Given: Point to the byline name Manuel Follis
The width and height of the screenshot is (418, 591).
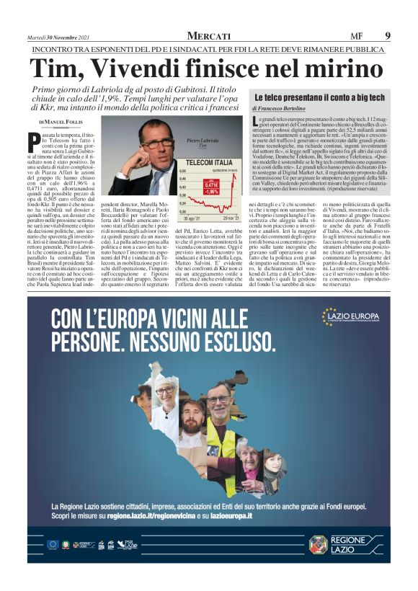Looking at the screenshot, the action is coord(68,122).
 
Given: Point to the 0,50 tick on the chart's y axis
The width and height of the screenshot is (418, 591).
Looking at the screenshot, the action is coord(182,171).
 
